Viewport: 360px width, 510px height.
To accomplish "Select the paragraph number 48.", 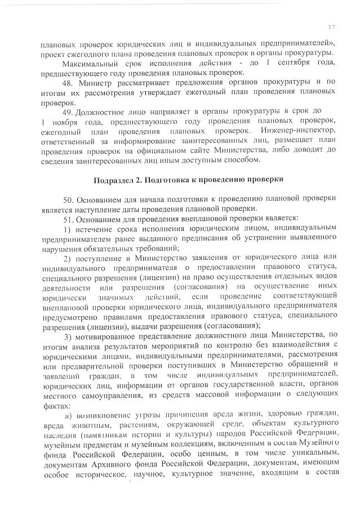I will [x=68, y=83].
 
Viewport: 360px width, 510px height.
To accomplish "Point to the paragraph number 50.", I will [x=68, y=199].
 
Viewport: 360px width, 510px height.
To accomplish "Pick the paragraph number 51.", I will [x=68, y=218].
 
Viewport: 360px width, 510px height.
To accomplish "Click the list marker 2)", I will [x=66, y=258].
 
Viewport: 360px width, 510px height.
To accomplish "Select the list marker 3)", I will [x=66, y=336].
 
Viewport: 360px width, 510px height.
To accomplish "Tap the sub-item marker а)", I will [x=70, y=414].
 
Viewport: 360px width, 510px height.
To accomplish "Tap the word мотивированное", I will [x=109, y=336].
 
